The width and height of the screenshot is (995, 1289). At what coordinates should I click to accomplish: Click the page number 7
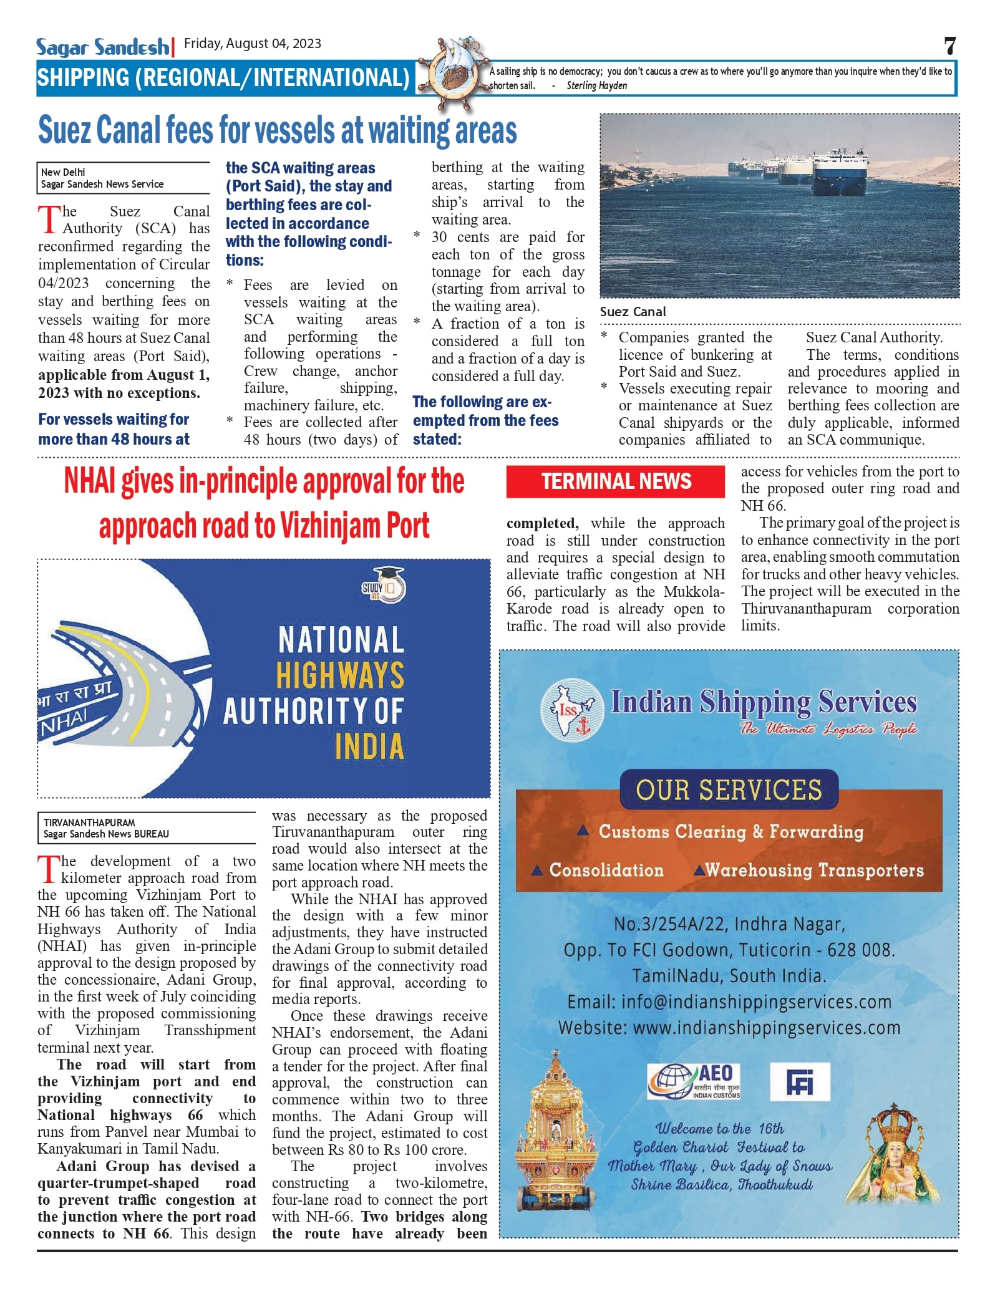(949, 46)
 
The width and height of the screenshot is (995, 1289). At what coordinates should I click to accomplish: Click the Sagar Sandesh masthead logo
(102, 47)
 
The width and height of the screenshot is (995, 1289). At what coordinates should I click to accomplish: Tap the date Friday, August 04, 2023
(253, 44)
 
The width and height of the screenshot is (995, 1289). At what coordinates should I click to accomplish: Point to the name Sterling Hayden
(596, 86)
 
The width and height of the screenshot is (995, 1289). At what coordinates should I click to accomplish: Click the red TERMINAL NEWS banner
(615, 481)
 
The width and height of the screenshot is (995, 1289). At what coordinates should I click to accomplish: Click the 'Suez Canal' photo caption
(633, 312)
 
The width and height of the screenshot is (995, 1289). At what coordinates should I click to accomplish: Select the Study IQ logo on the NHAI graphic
(384, 586)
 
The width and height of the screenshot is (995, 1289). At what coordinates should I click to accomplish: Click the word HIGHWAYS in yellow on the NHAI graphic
(341, 676)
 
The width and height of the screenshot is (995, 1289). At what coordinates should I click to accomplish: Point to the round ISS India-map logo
(571, 710)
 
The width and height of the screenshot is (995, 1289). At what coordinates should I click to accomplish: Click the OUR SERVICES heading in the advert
(729, 790)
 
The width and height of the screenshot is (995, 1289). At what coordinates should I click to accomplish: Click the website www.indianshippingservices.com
(766, 1028)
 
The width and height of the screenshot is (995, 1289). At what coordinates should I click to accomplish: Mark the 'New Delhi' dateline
(63, 172)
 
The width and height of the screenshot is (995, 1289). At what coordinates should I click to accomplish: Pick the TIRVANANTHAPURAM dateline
(89, 823)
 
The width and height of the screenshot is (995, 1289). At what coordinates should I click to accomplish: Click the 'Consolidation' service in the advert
(606, 871)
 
